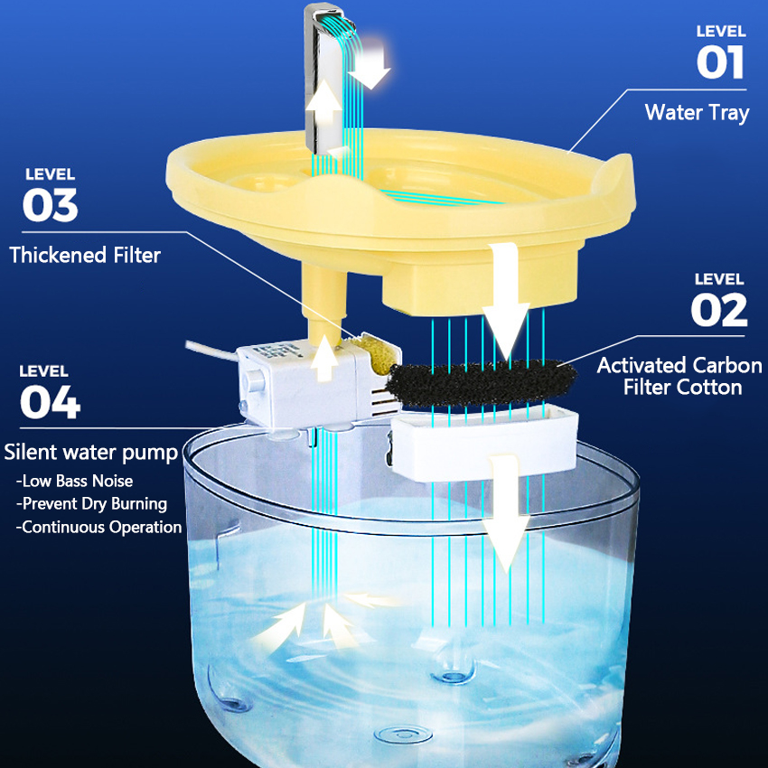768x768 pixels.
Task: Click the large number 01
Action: pyautogui.click(x=720, y=63)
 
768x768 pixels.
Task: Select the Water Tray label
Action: pyautogui.click(x=697, y=113)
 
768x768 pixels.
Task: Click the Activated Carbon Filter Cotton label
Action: pyautogui.click(x=679, y=376)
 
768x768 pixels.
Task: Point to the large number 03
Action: pyautogui.click(x=51, y=206)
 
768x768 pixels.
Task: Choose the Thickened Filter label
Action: pyautogui.click(x=85, y=256)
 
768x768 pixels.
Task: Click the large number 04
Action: pyautogui.click(x=50, y=402)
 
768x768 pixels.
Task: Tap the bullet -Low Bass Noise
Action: pyautogui.click(x=74, y=481)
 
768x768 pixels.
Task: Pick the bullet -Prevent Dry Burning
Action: pyautogui.click(x=91, y=503)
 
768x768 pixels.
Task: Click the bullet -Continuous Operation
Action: pyautogui.click(x=98, y=527)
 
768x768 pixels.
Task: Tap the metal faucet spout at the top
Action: pyautogui.click(x=325, y=72)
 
